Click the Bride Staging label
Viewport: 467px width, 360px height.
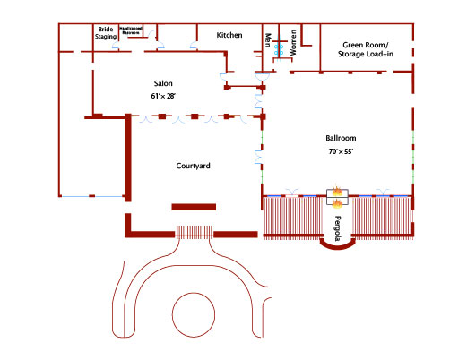[x=107, y=34]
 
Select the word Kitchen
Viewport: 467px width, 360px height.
[x=229, y=35]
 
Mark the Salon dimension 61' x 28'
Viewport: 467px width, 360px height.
[x=162, y=95]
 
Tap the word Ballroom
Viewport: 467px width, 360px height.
[x=342, y=139]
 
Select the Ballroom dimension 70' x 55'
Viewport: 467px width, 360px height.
[x=342, y=152]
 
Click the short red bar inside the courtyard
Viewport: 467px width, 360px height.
[x=194, y=207]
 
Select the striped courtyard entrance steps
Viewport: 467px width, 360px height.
[x=194, y=233]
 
